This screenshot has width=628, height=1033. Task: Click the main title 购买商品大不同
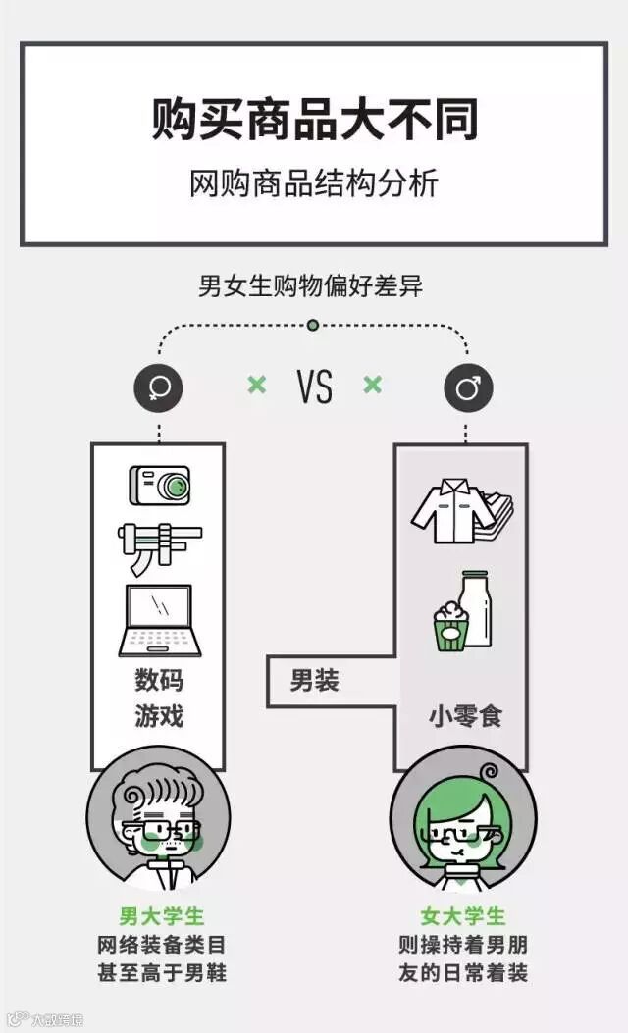[314, 120]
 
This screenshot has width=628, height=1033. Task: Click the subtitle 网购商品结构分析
[314, 183]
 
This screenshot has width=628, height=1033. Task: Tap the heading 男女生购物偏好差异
[311, 286]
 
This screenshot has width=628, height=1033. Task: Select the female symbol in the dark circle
[159, 388]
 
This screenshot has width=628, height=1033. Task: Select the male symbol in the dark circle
[468, 388]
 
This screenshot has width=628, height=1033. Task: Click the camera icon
[159, 485]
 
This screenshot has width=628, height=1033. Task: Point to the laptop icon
[160, 621]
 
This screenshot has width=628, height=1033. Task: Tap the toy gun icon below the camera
[161, 547]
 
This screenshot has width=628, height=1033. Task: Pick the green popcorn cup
[449, 626]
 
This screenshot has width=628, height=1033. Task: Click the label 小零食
[464, 716]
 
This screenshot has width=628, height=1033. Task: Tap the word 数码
[159, 681]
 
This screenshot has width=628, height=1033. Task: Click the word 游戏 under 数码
[159, 716]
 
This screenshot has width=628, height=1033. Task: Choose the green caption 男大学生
[162, 916]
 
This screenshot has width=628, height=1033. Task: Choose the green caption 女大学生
[463, 916]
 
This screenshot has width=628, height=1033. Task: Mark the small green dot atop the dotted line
[313, 325]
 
